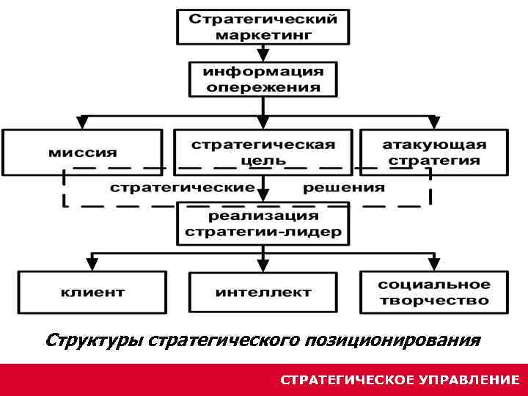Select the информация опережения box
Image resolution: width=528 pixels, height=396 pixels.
[x=263, y=79]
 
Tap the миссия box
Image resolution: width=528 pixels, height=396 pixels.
[x=82, y=153]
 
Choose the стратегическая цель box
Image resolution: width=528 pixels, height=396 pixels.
[x=263, y=152]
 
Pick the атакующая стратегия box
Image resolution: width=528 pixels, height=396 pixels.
[x=433, y=152]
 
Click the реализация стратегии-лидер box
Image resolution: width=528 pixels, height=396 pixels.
[x=263, y=224]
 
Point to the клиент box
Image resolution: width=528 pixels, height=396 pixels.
[x=92, y=292]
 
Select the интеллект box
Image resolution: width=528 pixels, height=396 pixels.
[x=263, y=293]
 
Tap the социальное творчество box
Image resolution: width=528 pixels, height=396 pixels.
[x=433, y=292]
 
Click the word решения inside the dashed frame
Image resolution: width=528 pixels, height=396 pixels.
[x=343, y=188]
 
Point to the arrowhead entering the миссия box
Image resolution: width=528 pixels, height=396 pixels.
[x=82, y=122]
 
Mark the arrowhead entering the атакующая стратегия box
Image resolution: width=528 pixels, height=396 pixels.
[x=433, y=122]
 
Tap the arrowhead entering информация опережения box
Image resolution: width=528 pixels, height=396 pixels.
[x=263, y=56]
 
